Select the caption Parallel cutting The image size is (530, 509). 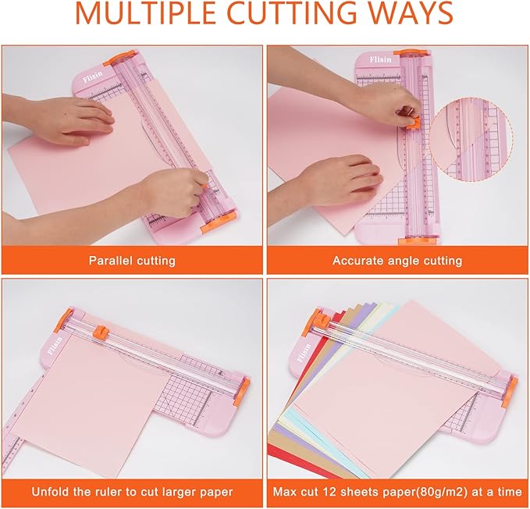pos(132,261)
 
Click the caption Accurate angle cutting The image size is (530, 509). pos(397,261)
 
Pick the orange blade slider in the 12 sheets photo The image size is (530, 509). pos(320,318)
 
